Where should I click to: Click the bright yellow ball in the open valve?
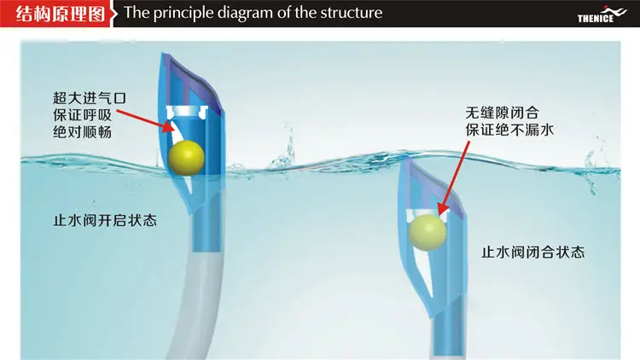point(186,158)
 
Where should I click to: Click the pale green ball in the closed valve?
point(428,232)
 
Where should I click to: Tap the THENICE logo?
point(602,15)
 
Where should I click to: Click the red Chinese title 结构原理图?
point(60,14)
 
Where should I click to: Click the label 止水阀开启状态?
point(105,220)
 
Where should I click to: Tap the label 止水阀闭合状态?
point(533,252)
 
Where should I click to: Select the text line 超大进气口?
point(90,98)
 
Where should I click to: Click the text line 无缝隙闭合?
point(502,113)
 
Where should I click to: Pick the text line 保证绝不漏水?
point(509,130)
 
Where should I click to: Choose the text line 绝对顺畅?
point(82,132)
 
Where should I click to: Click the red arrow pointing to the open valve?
point(146,121)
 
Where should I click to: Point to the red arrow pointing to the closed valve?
point(454,178)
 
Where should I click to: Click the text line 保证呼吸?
point(82,115)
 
